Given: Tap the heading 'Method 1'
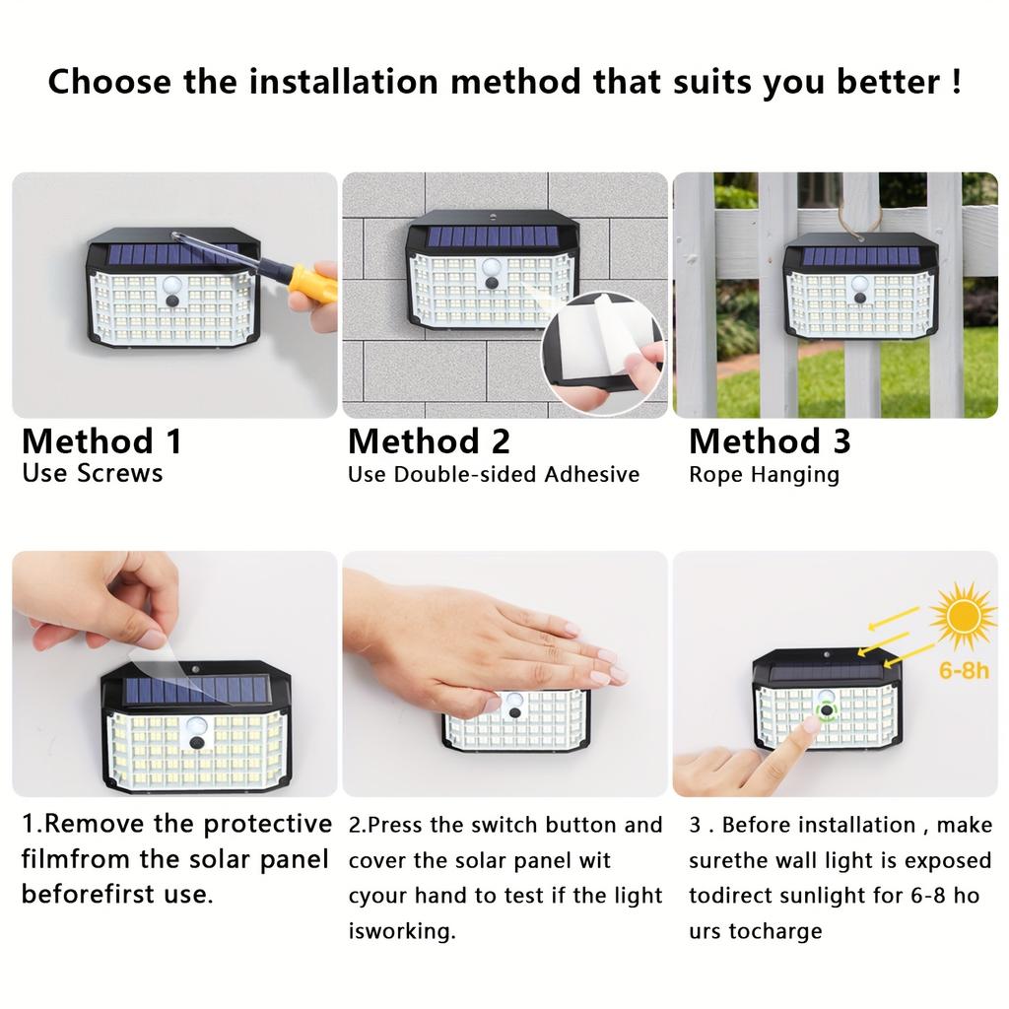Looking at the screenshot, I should click(101, 440).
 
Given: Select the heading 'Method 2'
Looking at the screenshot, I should click(429, 440).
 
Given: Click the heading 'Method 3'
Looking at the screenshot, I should click(769, 440).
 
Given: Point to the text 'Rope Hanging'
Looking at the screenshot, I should click(764, 475).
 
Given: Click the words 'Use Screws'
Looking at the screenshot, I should click(92, 473).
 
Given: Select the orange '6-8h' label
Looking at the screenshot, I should click(963, 670).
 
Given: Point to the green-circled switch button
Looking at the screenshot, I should click(826, 708).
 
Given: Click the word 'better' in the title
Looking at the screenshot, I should click(889, 81).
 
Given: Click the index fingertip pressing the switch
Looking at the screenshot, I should click(810, 725).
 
